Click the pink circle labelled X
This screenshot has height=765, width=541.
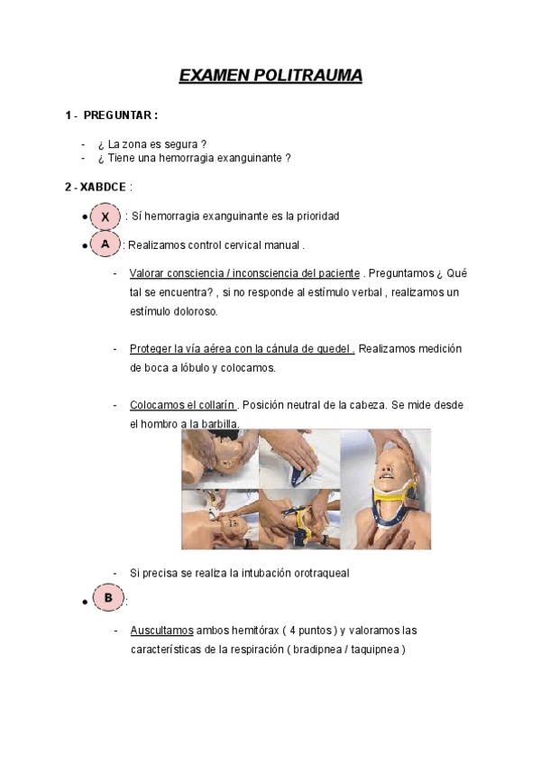tap(105, 217)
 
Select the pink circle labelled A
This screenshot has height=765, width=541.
tap(105, 244)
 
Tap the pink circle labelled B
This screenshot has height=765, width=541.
tap(107, 597)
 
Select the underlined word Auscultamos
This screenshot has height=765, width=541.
tap(160, 630)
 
